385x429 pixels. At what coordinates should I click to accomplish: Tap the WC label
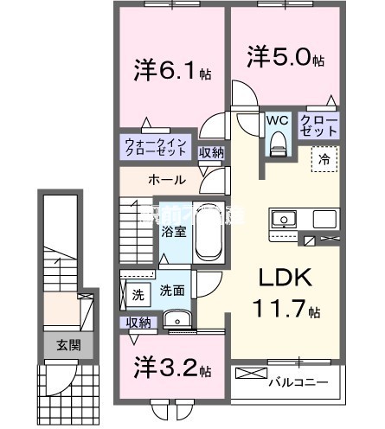[278, 119]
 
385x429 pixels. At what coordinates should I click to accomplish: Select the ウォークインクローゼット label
[155, 144]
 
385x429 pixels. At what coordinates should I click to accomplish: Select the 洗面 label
[173, 291]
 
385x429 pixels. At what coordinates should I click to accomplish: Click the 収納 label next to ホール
[211, 153]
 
